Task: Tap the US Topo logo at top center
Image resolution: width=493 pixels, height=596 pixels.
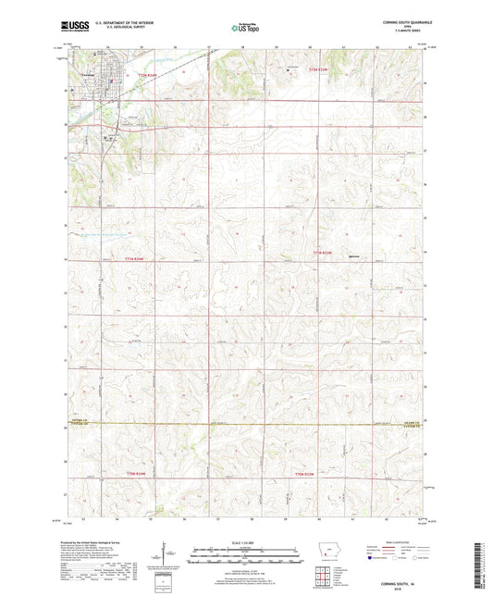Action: (x=245, y=29)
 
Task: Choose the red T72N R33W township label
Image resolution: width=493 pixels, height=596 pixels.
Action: (x=318, y=69)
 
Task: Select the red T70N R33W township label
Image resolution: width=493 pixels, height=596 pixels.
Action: (x=305, y=475)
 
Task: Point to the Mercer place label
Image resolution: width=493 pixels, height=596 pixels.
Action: (x=352, y=256)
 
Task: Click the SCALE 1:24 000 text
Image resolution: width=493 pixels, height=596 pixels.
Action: (x=246, y=541)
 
